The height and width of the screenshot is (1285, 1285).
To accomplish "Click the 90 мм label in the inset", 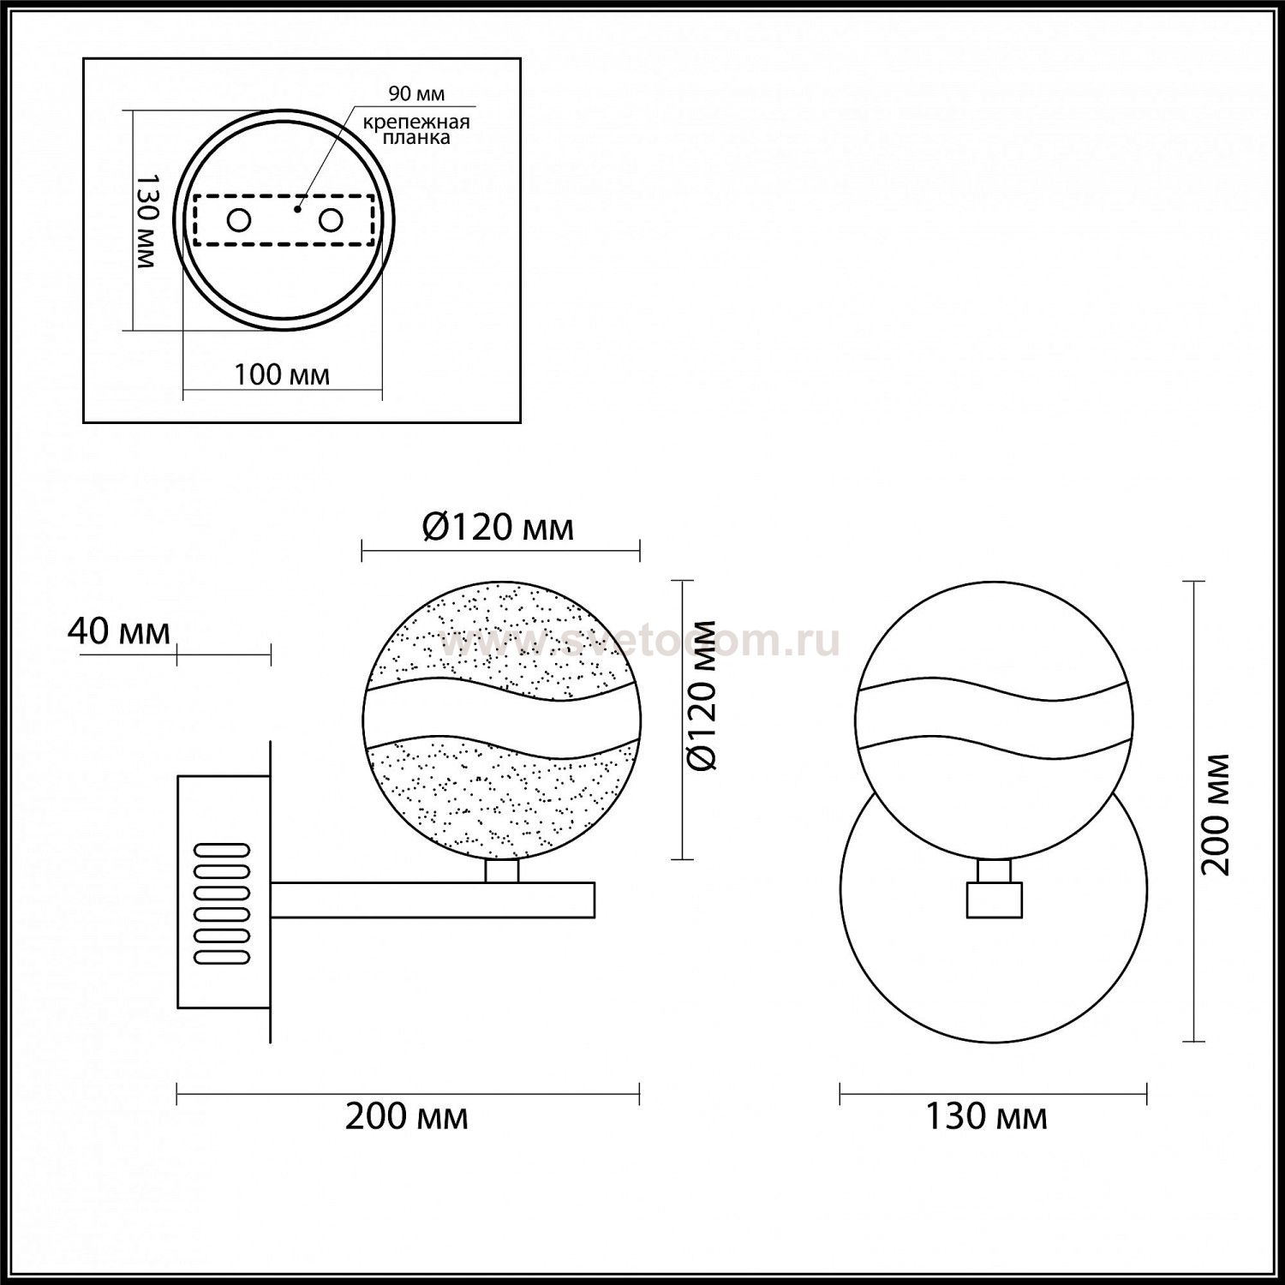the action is pos(416,93).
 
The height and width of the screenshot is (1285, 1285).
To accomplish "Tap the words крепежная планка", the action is pos(416,129).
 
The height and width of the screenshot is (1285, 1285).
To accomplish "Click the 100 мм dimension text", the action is pos(282,374).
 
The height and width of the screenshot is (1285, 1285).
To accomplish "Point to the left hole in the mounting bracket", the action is pos(238,221).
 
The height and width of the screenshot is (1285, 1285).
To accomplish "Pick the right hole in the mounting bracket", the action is pos(331,221).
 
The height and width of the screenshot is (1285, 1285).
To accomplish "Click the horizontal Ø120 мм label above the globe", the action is pos(498,527).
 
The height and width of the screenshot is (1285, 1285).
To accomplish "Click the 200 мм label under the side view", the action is pos(407,1116).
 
